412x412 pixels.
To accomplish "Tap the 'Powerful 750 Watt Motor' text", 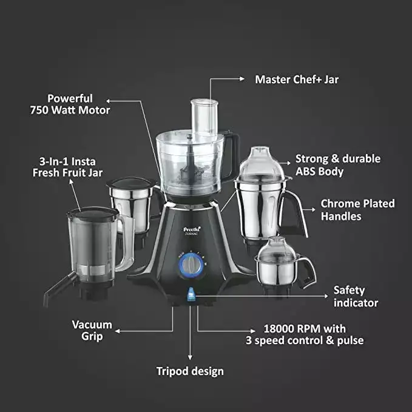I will [x=71, y=104].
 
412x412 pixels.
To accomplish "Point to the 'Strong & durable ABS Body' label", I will [x=337, y=165].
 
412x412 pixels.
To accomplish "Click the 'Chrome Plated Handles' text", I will [x=357, y=209].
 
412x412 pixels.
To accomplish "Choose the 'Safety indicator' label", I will [x=356, y=297].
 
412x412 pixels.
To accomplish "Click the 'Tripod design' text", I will [x=190, y=371].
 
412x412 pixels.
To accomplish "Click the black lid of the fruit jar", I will [x=92, y=213].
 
